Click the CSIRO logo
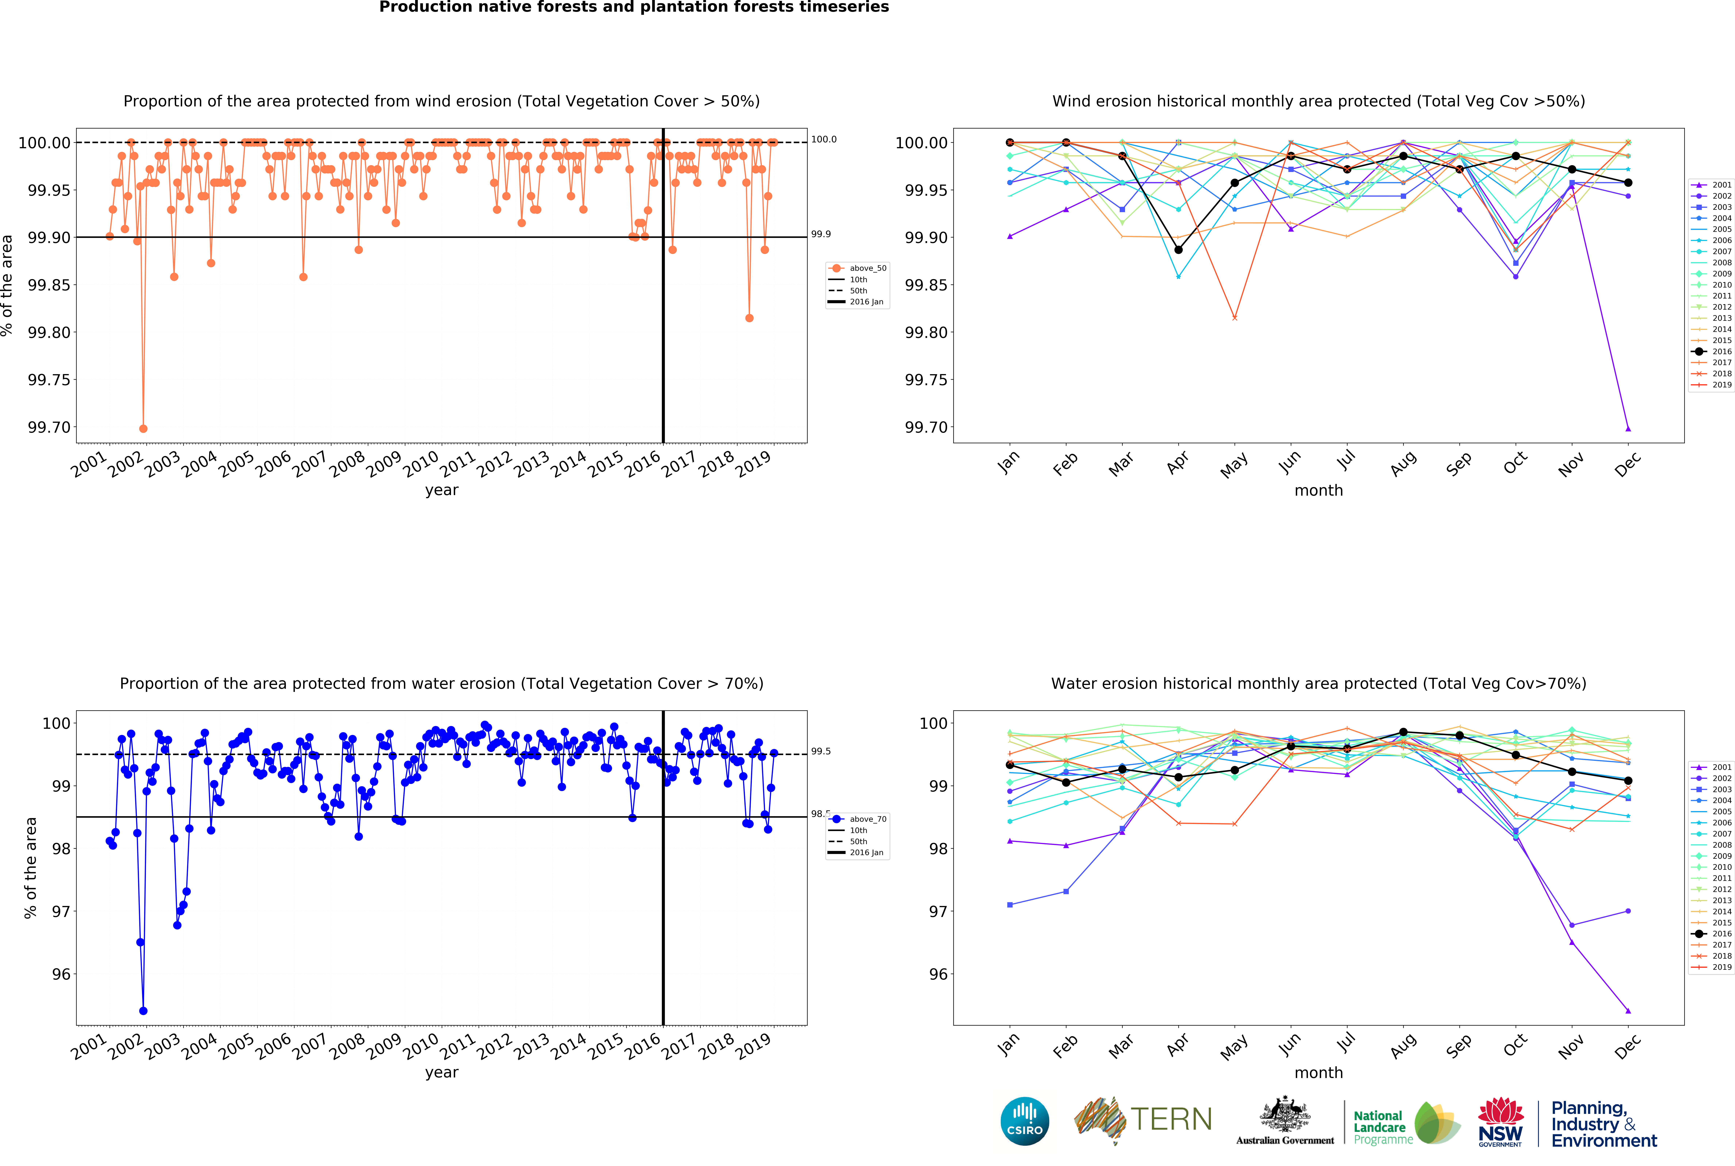pos(1024,1121)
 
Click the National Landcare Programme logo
pos(1405,1123)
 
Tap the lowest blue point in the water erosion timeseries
pos(143,1011)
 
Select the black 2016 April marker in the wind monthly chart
pos(1178,250)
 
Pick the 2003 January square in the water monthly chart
pos(1009,904)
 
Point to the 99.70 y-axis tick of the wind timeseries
pos(49,428)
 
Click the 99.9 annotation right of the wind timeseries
pos(821,234)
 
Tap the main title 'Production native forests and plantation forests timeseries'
pos(633,7)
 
